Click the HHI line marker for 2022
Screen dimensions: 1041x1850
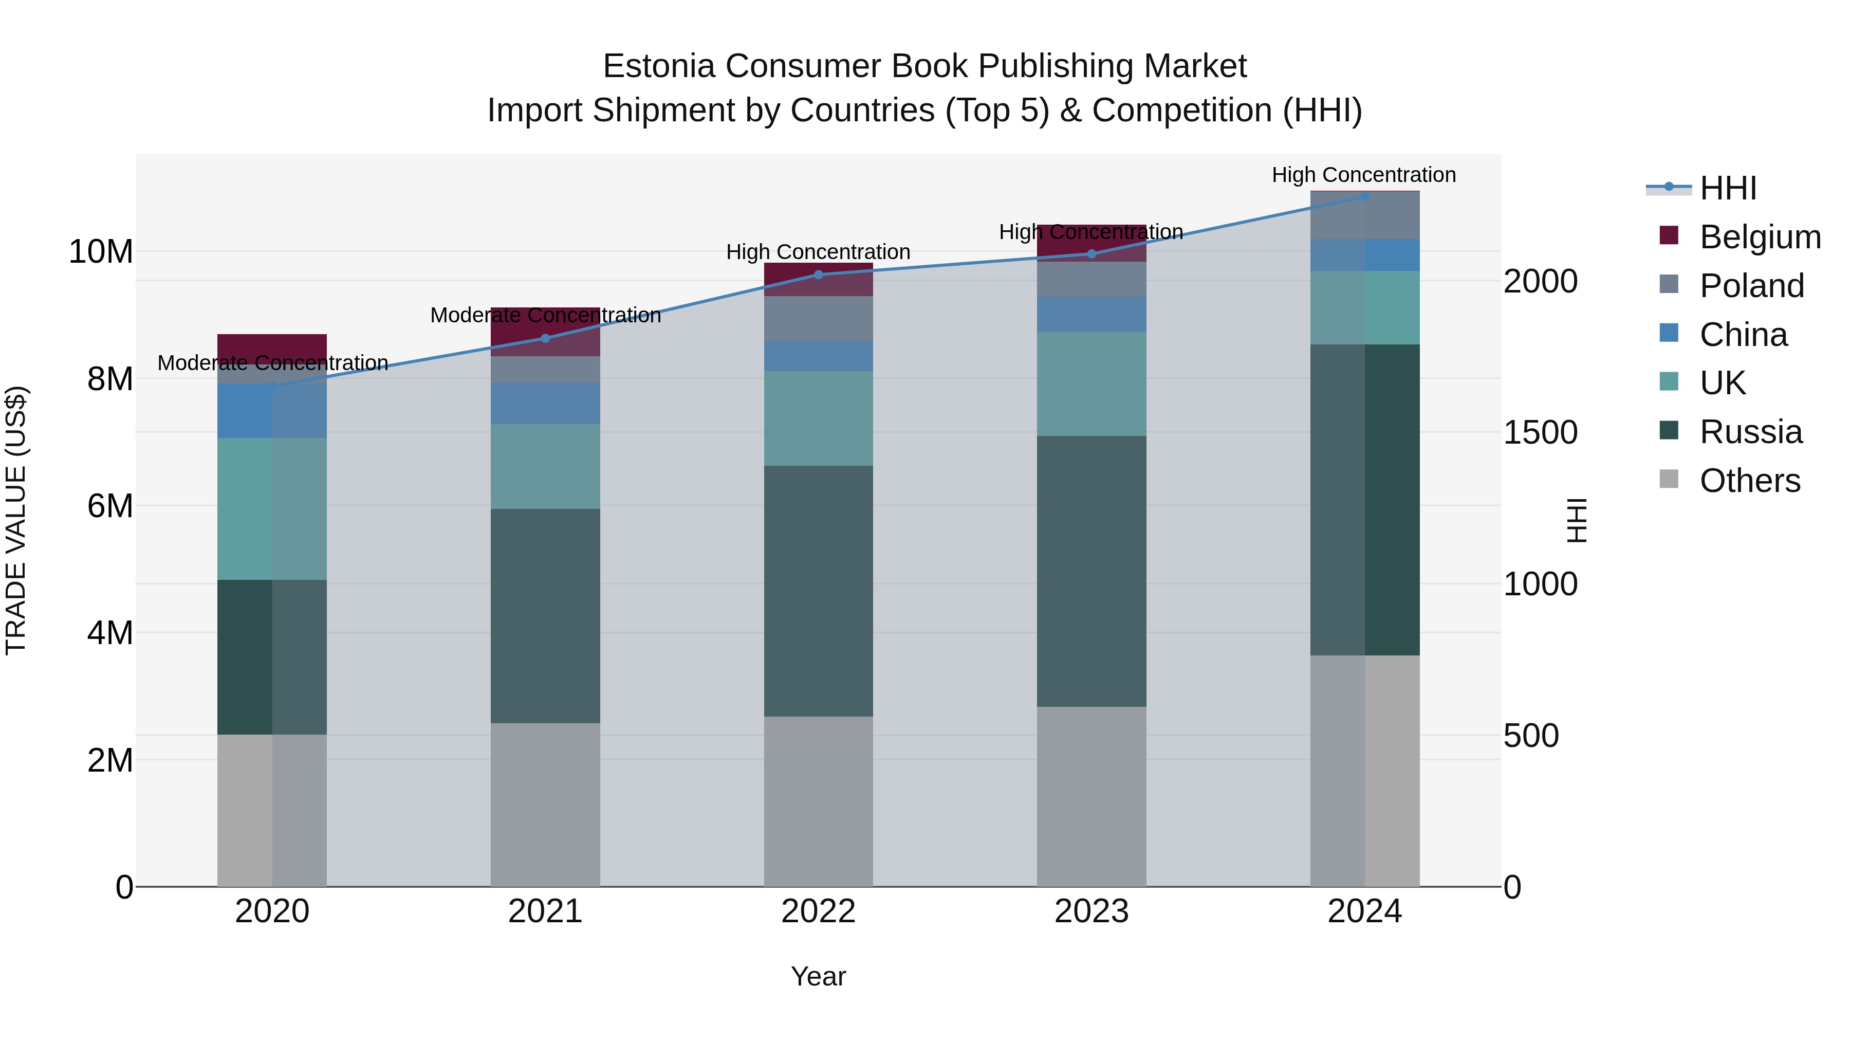[x=818, y=275]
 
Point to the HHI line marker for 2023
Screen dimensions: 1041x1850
[x=1091, y=253]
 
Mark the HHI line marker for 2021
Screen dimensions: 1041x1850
[x=545, y=338]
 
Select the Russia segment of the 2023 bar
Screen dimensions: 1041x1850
[x=1091, y=571]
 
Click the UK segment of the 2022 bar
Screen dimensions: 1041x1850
[x=818, y=418]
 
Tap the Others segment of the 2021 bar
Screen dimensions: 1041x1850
[x=545, y=805]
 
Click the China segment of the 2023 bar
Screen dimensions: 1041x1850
[x=1091, y=314]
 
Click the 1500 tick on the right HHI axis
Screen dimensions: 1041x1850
[x=1541, y=432]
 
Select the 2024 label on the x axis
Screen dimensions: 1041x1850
[x=1364, y=911]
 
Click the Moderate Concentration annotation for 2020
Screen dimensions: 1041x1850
[x=272, y=363]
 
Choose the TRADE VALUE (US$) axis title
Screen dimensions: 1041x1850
[x=16, y=520]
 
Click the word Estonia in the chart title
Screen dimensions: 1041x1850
[x=659, y=66]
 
